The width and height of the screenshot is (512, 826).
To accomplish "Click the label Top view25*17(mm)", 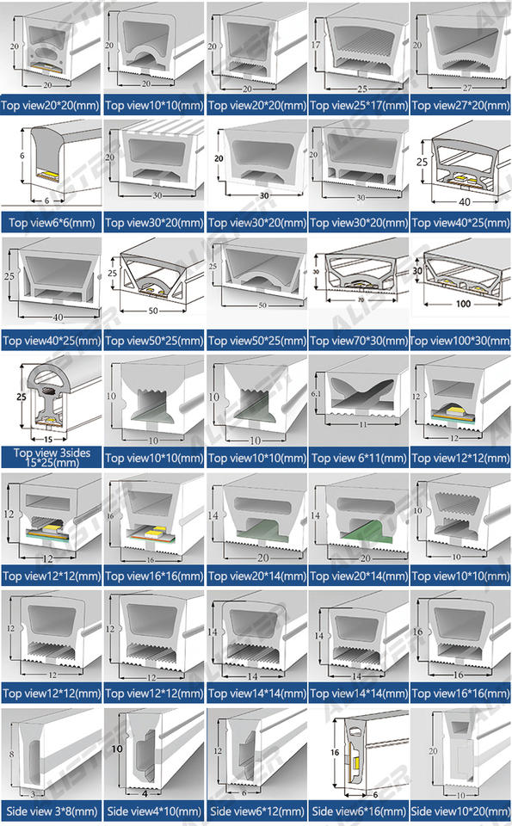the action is [x=359, y=105].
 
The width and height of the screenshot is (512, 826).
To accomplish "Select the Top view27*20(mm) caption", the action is [x=461, y=105].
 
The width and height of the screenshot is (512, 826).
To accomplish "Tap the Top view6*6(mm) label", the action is [x=52, y=223].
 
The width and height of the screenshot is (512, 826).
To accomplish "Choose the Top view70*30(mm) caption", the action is [x=359, y=341].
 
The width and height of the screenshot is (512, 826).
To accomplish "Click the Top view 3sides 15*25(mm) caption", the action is [x=52, y=457].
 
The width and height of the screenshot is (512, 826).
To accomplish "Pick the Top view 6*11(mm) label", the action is [x=359, y=459].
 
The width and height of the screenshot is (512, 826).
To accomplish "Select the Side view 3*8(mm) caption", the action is [x=52, y=811].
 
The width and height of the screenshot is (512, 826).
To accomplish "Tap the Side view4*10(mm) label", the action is [x=154, y=811].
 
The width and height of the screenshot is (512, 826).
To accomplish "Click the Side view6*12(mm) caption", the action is [x=257, y=811].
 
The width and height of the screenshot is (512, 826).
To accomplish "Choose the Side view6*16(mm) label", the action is [x=359, y=811].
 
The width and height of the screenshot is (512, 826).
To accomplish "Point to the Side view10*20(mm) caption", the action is [x=461, y=811].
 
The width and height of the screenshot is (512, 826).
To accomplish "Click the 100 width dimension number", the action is [x=464, y=304].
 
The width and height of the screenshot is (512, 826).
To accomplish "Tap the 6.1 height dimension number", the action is [x=316, y=393].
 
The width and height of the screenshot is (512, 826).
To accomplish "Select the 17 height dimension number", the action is [x=316, y=45].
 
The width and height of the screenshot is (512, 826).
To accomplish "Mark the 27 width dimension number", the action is [x=467, y=88].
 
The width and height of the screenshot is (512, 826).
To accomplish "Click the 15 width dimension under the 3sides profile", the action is [x=48, y=439].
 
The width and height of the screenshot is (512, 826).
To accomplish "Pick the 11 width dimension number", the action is [x=363, y=424].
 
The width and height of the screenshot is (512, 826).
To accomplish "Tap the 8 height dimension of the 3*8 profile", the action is [x=11, y=755].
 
